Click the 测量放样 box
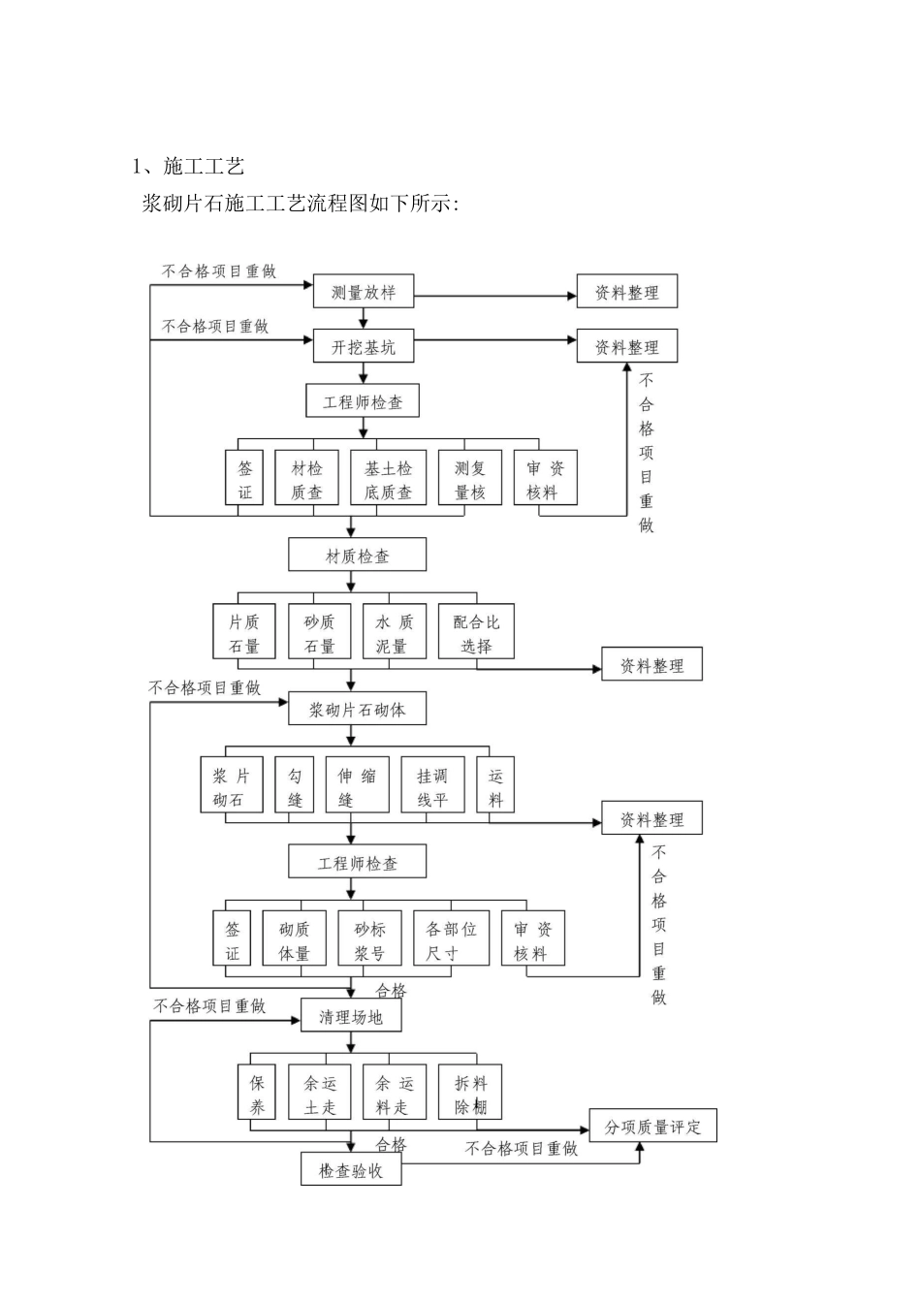pos(363,292)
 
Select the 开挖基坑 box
pos(363,347)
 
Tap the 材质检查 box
pos(357,556)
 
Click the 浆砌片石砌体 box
pos(357,709)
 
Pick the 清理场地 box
pos(350,1016)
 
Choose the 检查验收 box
pos(350,1170)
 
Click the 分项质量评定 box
pos(652,1127)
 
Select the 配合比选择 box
pos(475,633)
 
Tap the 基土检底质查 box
pos(388,479)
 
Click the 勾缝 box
pos(295,786)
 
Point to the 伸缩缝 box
pos(357,786)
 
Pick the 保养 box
pos(257,1094)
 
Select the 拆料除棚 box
pos(470,1094)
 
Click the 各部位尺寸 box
pos(451,939)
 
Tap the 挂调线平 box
pos(432,786)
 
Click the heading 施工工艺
pos(204,166)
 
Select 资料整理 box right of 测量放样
pos(626,292)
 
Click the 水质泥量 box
pos(394,633)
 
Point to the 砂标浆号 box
pos(369,939)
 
